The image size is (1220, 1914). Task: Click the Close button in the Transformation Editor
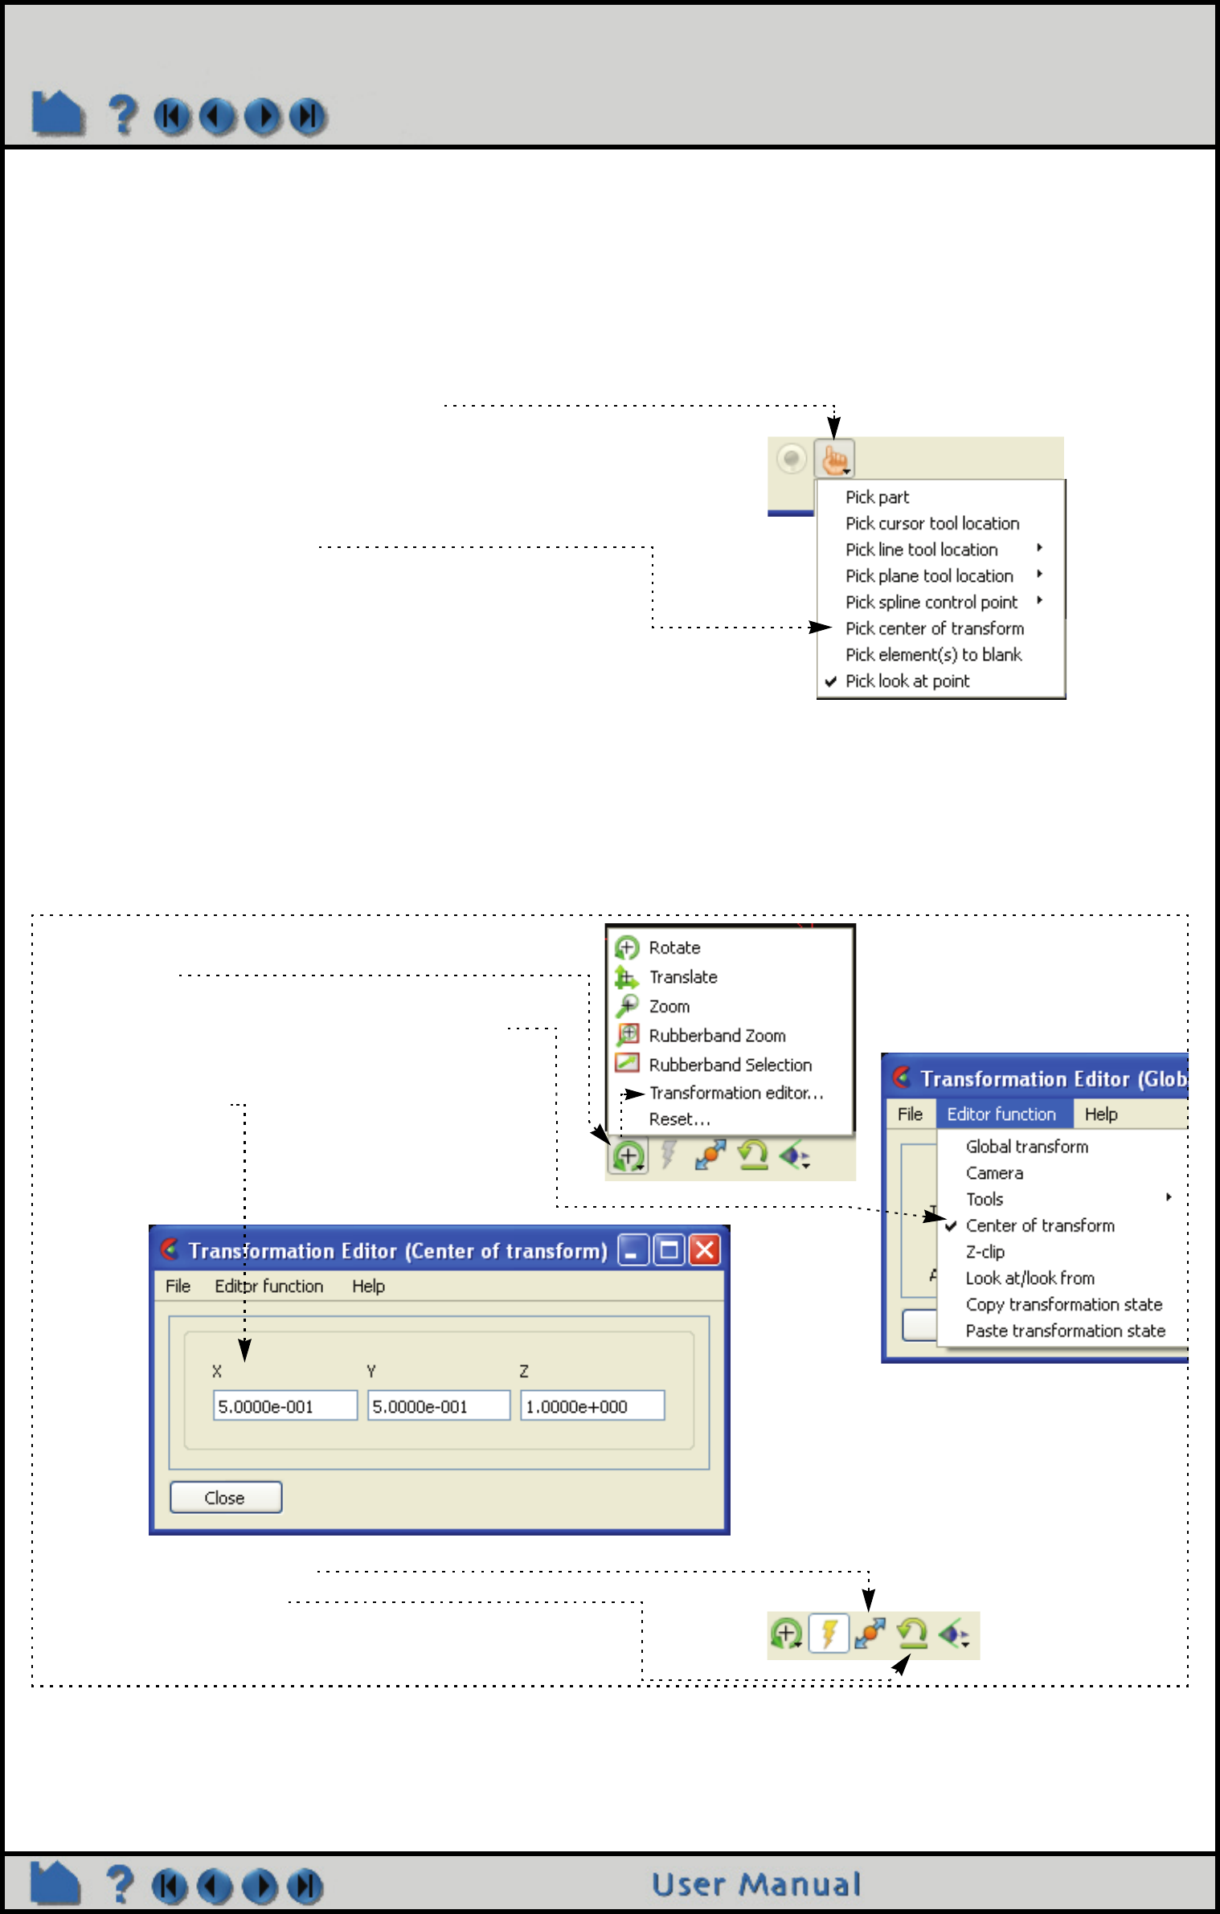click(226, 1497)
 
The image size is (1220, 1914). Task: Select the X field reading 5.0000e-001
click(285, 1406)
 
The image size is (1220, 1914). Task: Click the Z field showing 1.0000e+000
click(592, 1406)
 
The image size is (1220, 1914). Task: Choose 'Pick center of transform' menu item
click(934, 628)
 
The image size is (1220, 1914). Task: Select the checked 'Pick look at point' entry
click(907, 681)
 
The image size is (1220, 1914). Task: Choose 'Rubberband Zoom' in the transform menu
click(717, 1036)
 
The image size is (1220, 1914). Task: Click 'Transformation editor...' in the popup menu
click(735, 1093)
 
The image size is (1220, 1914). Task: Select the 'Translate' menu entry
click(683, 977)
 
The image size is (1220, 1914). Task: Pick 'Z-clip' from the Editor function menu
click(985, 1252)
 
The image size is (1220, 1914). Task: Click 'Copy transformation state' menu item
click(1063, 1304)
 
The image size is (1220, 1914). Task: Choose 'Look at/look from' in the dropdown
click(1030, 1278)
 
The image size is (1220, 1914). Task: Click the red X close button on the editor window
click(705, 1250)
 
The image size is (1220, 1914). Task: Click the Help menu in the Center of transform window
click(368, 1286)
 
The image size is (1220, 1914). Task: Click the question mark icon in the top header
click(122, 115)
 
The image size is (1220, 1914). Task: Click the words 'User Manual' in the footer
click(755, 1884)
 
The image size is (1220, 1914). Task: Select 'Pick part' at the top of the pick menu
click(877, 497)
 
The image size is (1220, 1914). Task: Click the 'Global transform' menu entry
click(1026, 1147)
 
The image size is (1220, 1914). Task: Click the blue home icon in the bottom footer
click(55, 1884)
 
